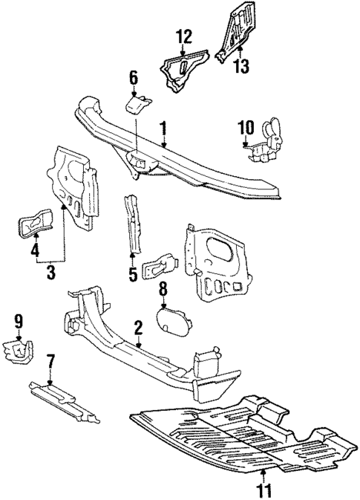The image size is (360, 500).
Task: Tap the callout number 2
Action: (x=139, y=328)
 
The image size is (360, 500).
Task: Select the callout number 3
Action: (x=50, y=273)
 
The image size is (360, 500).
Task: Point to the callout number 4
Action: (x=34, y=251)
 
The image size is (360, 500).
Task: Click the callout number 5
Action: (x=133, y=274)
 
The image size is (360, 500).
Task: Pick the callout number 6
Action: (x=134, y=77)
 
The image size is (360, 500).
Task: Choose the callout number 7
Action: (x=50, y=362)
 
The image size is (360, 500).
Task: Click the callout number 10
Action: (x=246, y=128)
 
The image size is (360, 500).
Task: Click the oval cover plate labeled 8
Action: (x=171, y=319)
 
